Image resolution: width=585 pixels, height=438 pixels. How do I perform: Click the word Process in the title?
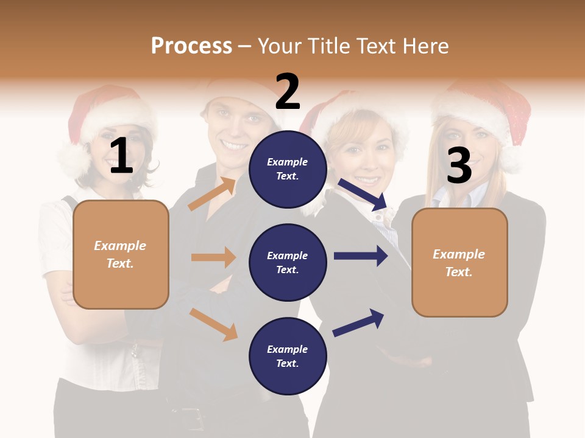point(191,46)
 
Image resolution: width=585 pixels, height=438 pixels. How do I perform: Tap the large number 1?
point(121,156)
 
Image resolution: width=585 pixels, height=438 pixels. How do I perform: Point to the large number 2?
point(288,92)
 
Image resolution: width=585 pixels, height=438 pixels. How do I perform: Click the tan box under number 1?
point(121,254)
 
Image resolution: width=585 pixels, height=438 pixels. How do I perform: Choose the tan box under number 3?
point(459,263)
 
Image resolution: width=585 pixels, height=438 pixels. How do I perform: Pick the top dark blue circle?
point(288,169)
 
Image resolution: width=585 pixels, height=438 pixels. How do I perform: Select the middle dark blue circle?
point(288,263)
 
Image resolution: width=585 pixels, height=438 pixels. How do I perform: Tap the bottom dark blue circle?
point(288,356)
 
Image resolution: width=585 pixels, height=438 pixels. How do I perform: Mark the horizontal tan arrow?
point(213,257)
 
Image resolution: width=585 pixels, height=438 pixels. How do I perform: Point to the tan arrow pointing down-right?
point(213,324)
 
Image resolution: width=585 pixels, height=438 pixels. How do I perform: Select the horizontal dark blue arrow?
point(360,256)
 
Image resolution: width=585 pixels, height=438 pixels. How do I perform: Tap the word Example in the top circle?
point(288,162)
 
